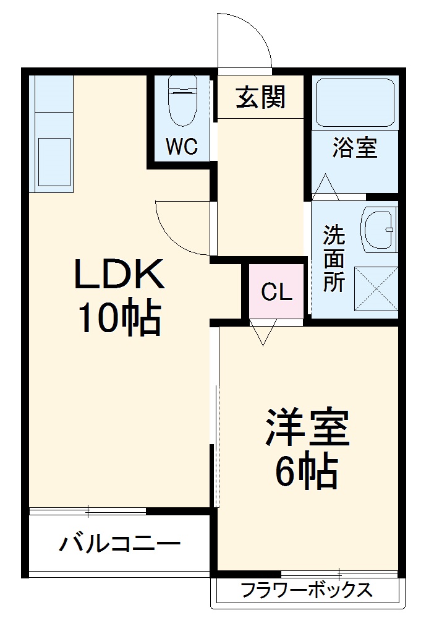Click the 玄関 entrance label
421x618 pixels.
260,97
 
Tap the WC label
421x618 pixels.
181,147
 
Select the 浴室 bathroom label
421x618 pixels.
355,148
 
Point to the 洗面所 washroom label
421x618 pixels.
334,258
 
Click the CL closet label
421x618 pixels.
276,291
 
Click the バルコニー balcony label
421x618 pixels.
120,544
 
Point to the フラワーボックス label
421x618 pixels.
307,590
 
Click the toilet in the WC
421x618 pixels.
182,99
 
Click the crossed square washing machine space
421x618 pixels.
376,288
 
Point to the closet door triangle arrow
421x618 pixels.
262,334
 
